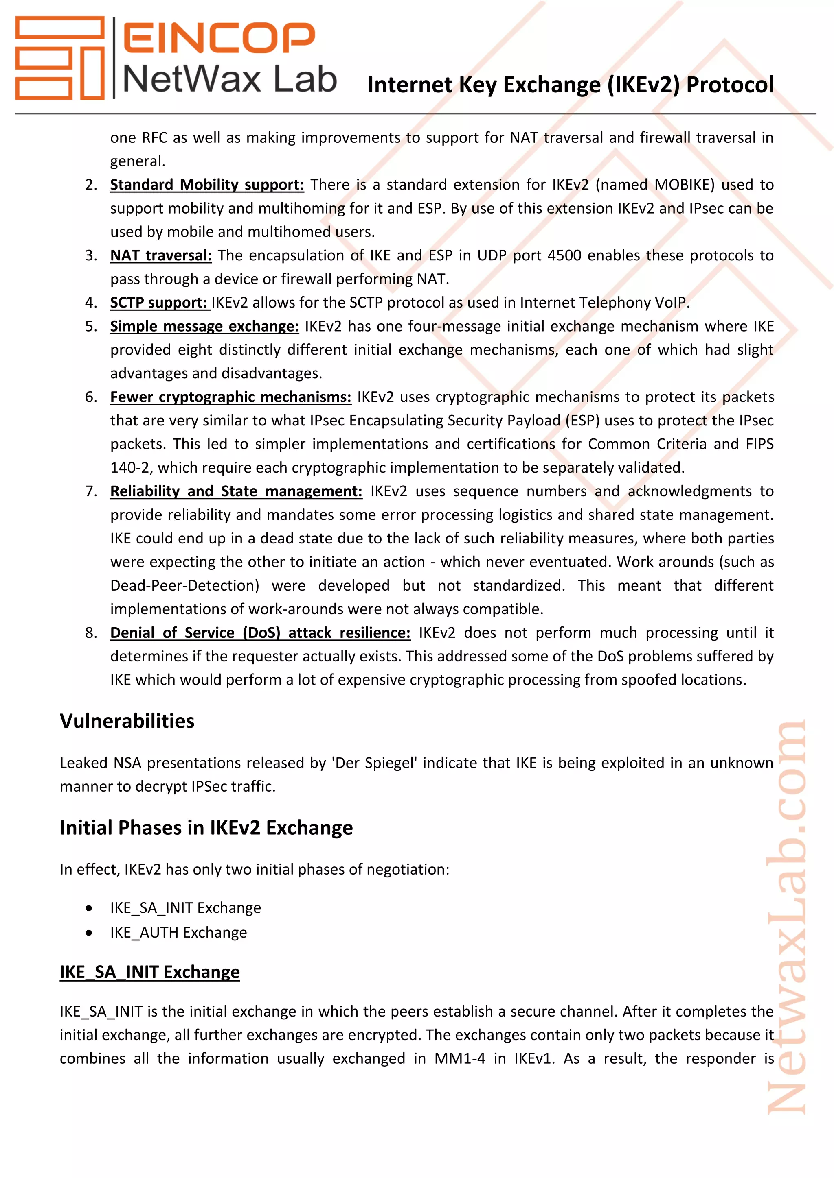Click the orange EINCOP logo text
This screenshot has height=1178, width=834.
coord(219,37)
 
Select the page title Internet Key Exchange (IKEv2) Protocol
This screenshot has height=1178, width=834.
coord(570,85)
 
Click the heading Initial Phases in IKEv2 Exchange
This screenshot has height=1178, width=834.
coord(206,828)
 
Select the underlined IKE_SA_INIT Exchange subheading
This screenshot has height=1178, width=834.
coord(149,972)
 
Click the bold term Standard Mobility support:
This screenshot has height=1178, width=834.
coord(206,185)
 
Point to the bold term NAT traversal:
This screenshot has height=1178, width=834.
coord(161,255)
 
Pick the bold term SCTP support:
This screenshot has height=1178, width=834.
coord(158,303)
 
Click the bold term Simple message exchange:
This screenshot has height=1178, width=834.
coord(204,326)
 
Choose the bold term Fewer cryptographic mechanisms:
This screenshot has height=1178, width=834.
coord(230,397)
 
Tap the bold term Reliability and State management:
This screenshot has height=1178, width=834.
coord(236,491)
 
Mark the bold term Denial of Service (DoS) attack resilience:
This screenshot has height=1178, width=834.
coord(260,633)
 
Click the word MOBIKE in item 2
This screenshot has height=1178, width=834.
coord(684,185)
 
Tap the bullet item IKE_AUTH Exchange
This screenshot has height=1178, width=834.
coord(178,932)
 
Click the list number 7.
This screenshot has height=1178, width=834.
coord(90,491)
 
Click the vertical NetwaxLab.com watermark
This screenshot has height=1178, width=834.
coord(787,918)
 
